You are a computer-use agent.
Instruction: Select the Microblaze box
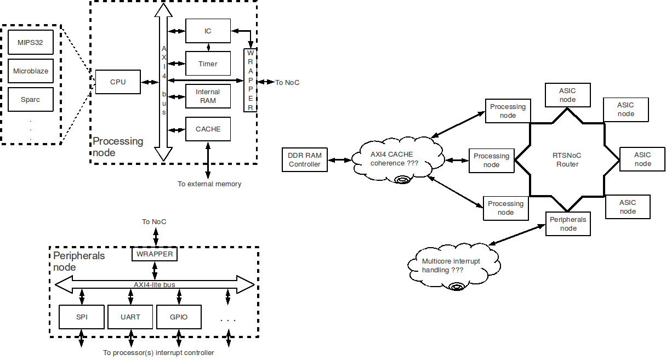[x=31, y=71]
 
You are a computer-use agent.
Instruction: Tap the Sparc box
[x=31, y=100]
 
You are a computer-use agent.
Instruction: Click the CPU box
[x=118, y=82]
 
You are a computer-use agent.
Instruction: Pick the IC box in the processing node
[x=208, y=31]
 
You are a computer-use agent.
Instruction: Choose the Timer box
[x=208, y=64]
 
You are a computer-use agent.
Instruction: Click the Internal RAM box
[x=208, y=96]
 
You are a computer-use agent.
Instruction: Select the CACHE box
[x=208, y=129]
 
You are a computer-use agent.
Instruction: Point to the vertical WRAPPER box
[x=251, y=80]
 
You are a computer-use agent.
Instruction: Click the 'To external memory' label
[x=209, y=184]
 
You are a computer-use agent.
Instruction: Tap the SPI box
[x=82, y=317]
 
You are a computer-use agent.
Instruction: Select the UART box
[x=130, y=317]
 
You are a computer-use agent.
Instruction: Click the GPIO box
[x=179, y=317]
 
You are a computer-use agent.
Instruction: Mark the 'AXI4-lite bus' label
[x=155, y=284]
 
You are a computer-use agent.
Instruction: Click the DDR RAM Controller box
[x=305, y=160]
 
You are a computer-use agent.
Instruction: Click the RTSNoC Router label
[x=567, y=159]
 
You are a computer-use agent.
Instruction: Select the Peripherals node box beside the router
[x=568, y=224]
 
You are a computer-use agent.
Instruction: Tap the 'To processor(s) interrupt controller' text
[x=158, y=353]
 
